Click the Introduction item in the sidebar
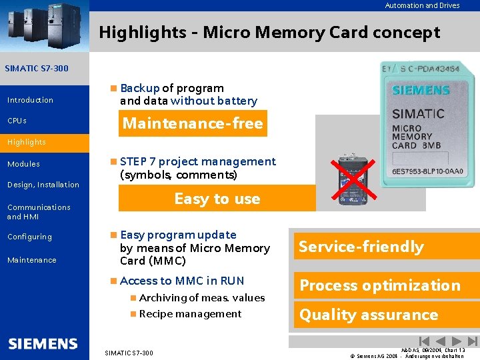click(x=30, y=100)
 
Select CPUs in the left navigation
click(x=17, y=121)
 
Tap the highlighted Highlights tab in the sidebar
click(x=27, y=142)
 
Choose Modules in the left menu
click(x=23, y=164)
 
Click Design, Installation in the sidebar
click(x=43, y=185)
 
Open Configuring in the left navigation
click(x=29, y=237)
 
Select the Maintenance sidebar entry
click(x=31, y=260)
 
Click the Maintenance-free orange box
click(x=193, y=123)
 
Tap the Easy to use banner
click(x=217, y=199)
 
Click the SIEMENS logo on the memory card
click(x=421, y=90)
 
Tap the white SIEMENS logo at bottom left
click(x=43, y=344)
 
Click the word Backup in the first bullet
click(x=140, y=88)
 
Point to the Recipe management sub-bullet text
click(x=190, y=314)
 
